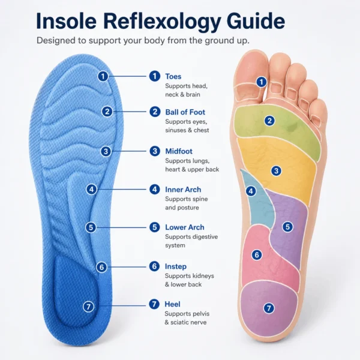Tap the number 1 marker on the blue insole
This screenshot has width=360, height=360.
(103, 76)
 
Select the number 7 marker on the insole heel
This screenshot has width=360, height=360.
(88, 307)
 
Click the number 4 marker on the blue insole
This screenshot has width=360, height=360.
(91, 190)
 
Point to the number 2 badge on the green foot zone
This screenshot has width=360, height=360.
(270, 121)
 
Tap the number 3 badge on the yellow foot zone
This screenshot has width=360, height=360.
(276, 171)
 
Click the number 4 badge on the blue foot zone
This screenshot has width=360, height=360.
(251, 191)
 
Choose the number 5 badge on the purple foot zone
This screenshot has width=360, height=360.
(287, 227)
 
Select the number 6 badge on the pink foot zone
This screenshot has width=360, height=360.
(257, 254)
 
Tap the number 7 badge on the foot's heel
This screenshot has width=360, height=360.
(269, 308)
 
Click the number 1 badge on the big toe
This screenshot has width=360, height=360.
(261, 82)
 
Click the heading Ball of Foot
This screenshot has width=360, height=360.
(185, 112)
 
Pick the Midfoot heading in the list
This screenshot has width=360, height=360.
(179, 151)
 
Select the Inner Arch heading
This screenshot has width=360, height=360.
(183, 190)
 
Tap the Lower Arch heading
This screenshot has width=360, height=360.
(185, 227)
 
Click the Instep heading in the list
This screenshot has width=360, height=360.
(176, 266)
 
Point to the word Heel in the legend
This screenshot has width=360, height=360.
(172, 304)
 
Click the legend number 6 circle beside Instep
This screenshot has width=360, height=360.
(155, 266)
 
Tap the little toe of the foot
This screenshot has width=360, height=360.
(319, 113)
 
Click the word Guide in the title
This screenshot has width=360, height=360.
(256, 20)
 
